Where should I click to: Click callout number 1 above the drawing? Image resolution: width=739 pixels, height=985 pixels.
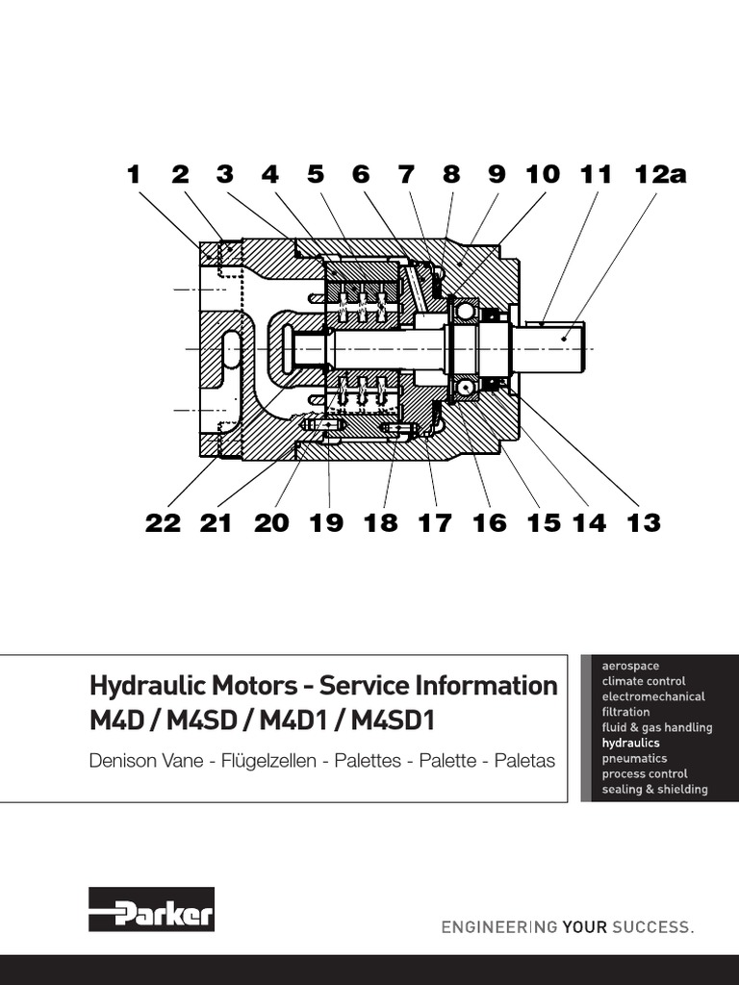[x=133, y=174]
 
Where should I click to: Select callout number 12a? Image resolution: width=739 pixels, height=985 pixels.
[x=661, y=174]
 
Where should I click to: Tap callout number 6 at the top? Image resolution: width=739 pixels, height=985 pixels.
[x=360, y=174]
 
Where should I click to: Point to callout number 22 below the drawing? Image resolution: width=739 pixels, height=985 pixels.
[x=164, y=522]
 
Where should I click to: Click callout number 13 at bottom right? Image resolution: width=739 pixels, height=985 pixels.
[x=644, y=522]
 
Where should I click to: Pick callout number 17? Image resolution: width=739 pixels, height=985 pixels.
[x=434, y=522]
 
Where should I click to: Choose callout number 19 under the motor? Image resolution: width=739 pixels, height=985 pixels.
[x=326, y=522]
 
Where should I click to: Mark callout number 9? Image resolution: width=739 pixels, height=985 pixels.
[x=496, y=174]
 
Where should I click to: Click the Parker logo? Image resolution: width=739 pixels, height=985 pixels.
[x=151, y=909]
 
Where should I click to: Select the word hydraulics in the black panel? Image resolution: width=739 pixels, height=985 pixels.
[x=630, y=743]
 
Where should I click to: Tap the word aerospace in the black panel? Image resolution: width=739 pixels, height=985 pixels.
[x=630, y=666]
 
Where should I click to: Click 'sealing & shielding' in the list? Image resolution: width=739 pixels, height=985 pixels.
[x=654, y=789]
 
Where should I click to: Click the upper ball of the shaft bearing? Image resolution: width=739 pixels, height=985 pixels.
[x=465, y=311]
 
